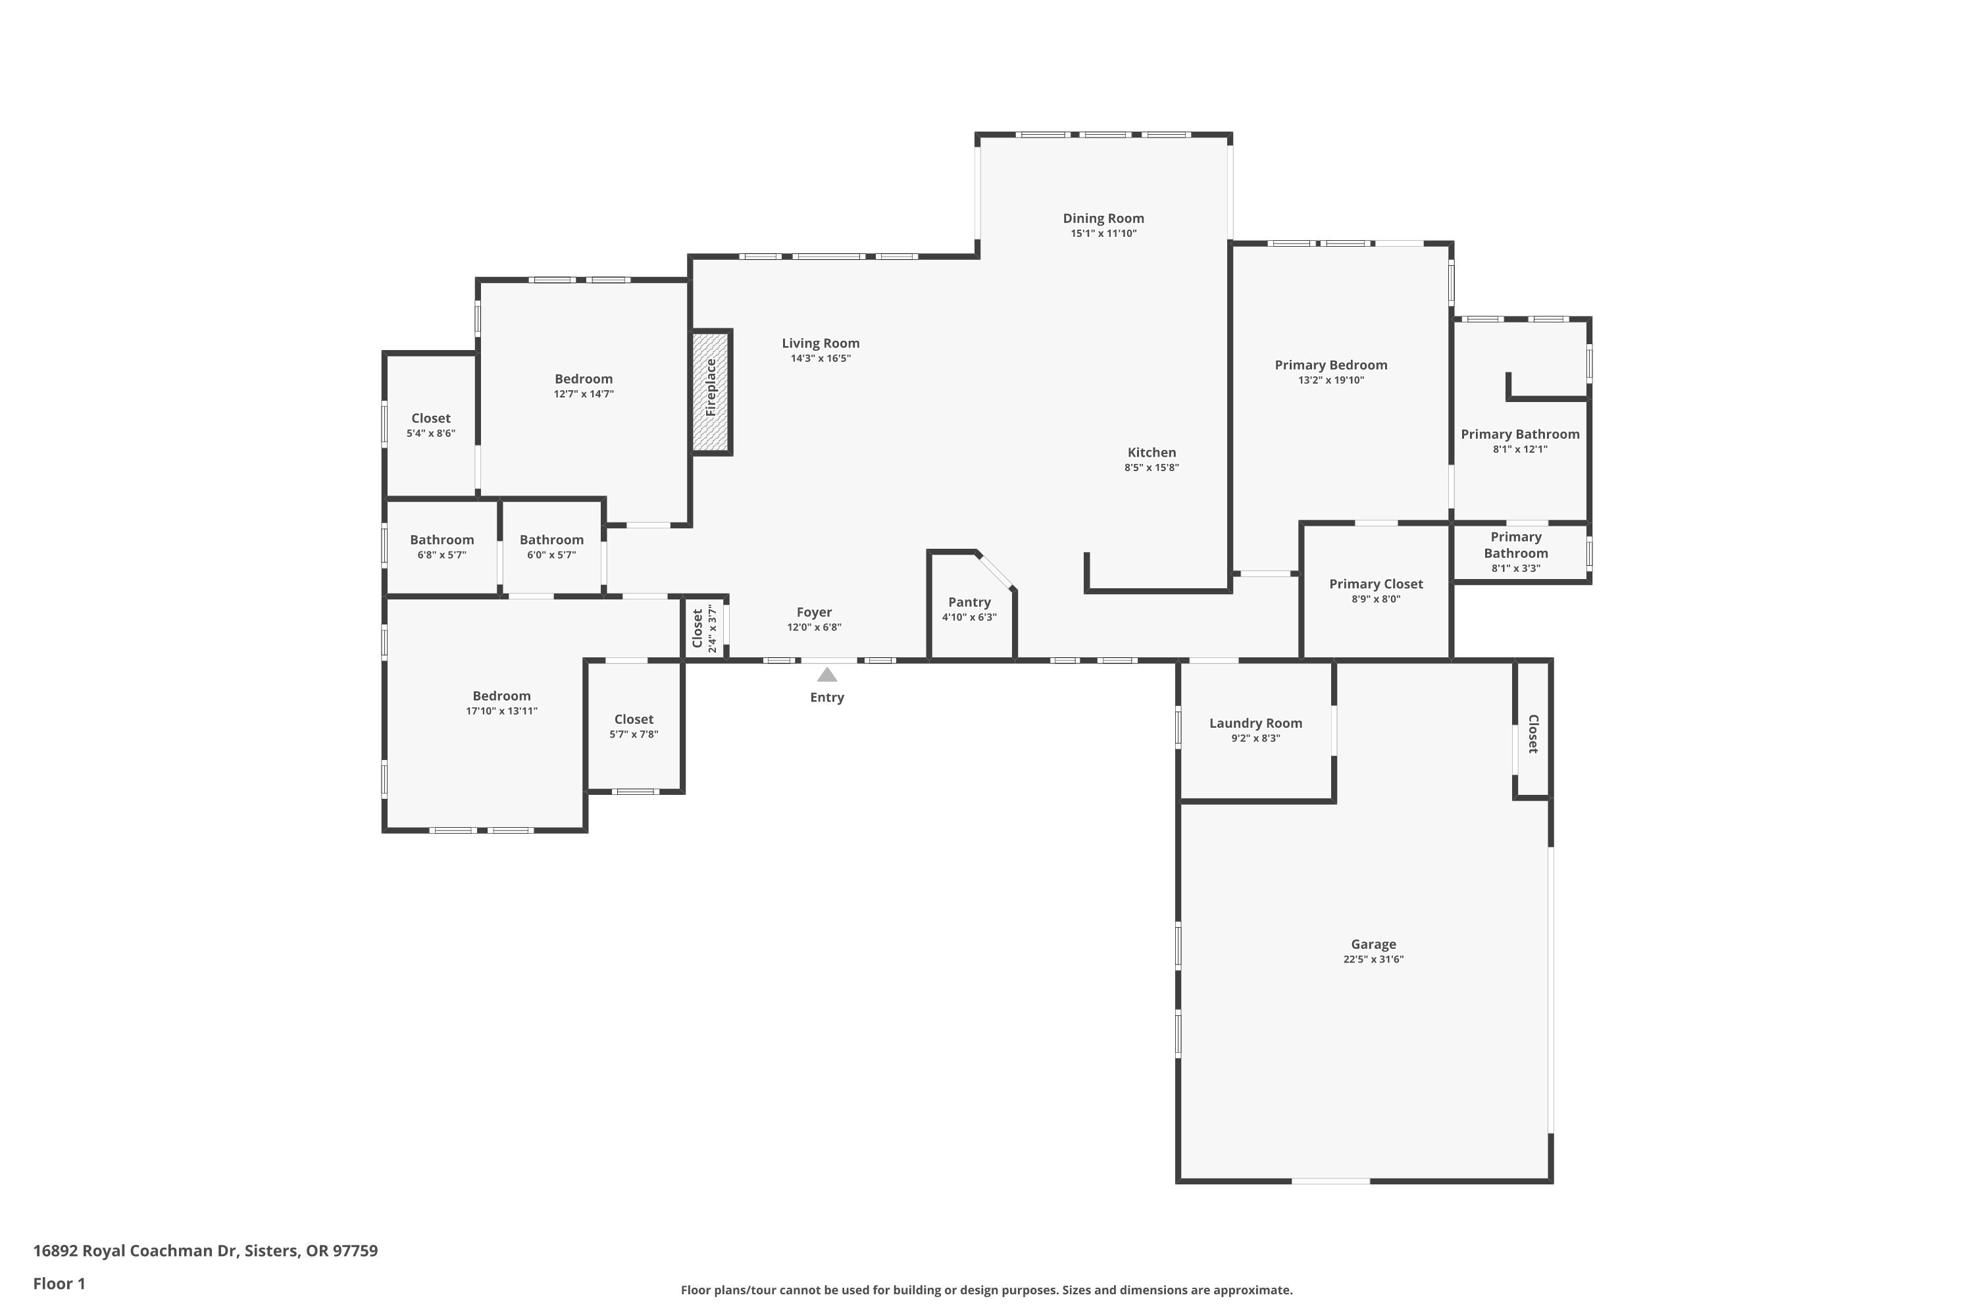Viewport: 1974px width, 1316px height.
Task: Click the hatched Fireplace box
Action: (x=711, y=392)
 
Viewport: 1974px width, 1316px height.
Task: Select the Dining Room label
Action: (x=1103, y=218)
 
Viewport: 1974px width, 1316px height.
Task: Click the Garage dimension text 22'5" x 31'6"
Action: (x=1373, y=959)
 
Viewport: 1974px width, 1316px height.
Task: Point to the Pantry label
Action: (x=969, y=602)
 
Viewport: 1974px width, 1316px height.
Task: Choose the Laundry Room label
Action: (x=1255, y=722)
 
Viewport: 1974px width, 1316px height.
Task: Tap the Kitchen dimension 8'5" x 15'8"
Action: (x=1151, y=467)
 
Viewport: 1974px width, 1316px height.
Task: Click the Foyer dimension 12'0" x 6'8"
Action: (x=814, y=627)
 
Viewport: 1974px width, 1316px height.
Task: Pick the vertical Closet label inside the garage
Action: (x=1532, y=734)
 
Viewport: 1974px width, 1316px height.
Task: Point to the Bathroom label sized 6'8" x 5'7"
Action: (x=442, y=540)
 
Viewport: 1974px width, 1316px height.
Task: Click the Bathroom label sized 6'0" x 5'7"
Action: (x=551, y=540)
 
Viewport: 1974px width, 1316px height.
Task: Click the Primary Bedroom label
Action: (x=1330, y=365)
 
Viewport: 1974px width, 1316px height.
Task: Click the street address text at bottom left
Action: (x=205, y=1251)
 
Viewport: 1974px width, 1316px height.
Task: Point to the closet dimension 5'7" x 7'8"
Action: (x=634, y=734)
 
